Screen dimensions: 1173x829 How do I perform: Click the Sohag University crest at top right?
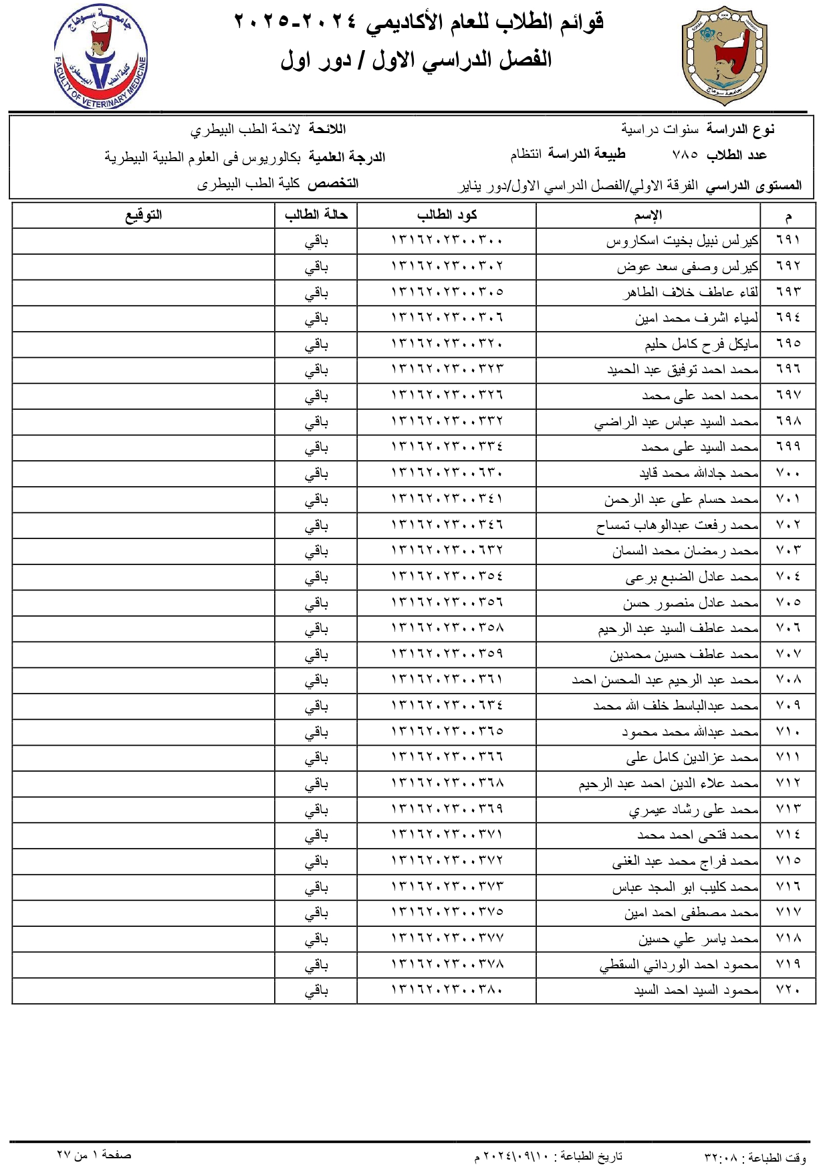pos(725,56)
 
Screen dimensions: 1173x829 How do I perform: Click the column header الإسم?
pos(648,215)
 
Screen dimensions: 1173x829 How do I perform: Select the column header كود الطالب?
pos(447,215)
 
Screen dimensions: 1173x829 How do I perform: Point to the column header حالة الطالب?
pos(316,215)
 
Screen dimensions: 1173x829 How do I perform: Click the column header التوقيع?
pos(144,215)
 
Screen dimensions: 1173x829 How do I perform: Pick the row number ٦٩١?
pos(788,240)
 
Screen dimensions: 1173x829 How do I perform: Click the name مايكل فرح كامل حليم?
pos(701,344)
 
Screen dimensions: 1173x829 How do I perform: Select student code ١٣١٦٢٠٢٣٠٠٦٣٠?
pos(447,473)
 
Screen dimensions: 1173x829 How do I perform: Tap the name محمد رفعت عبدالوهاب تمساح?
pos(677,526)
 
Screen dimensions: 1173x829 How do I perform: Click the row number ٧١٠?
pos(788,732)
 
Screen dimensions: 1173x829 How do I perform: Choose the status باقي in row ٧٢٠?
pos(316,991)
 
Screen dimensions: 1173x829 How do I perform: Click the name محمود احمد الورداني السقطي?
pos(679,965)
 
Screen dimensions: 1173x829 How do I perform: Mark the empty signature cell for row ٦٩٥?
pos(144,344)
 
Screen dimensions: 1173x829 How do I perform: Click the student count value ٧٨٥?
pos(685,155)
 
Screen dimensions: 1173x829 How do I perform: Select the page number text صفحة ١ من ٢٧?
pos(94,1155)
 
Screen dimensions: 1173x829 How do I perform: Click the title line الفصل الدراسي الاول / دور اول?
pos(416,60)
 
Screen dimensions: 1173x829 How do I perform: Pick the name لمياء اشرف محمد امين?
pos(697,318)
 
